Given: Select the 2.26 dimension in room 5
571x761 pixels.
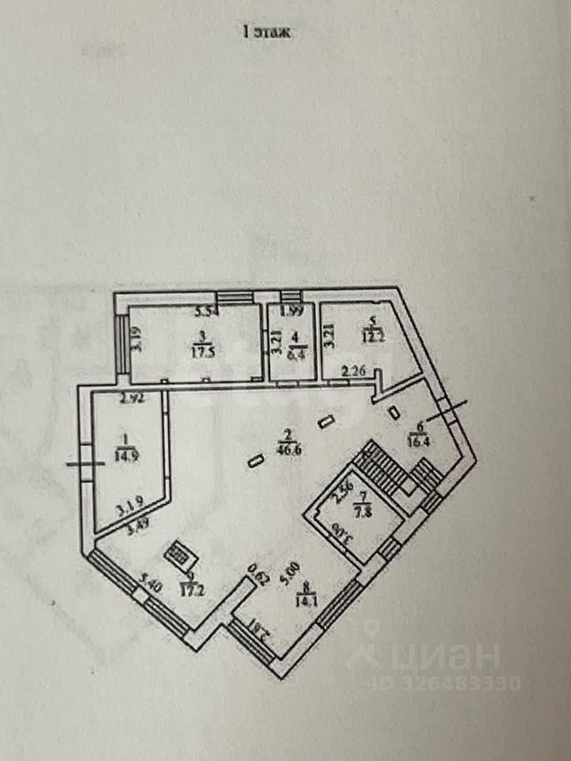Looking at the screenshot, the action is coord(354,369).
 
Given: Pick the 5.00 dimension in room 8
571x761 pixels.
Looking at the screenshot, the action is coord(295,568).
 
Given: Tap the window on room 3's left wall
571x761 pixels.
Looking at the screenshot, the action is coord(125,343).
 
